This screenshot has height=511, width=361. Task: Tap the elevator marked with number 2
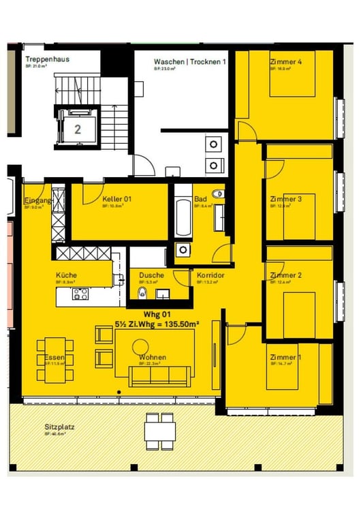(x=78, y=127)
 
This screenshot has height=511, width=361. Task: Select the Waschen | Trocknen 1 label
(x=189, y=61)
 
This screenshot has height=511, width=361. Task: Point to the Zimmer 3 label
(x=285, y=199)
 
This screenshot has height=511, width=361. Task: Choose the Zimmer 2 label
(x=285, y=275)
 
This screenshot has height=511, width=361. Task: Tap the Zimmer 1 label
(x=285, y=357)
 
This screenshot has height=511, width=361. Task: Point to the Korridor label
(x=210, y=275)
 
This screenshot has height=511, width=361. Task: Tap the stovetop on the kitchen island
(x=80, y=294)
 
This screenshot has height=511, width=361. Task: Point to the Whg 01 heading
(x=161, y=313)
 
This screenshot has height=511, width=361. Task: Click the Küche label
(x=66, y=275)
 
